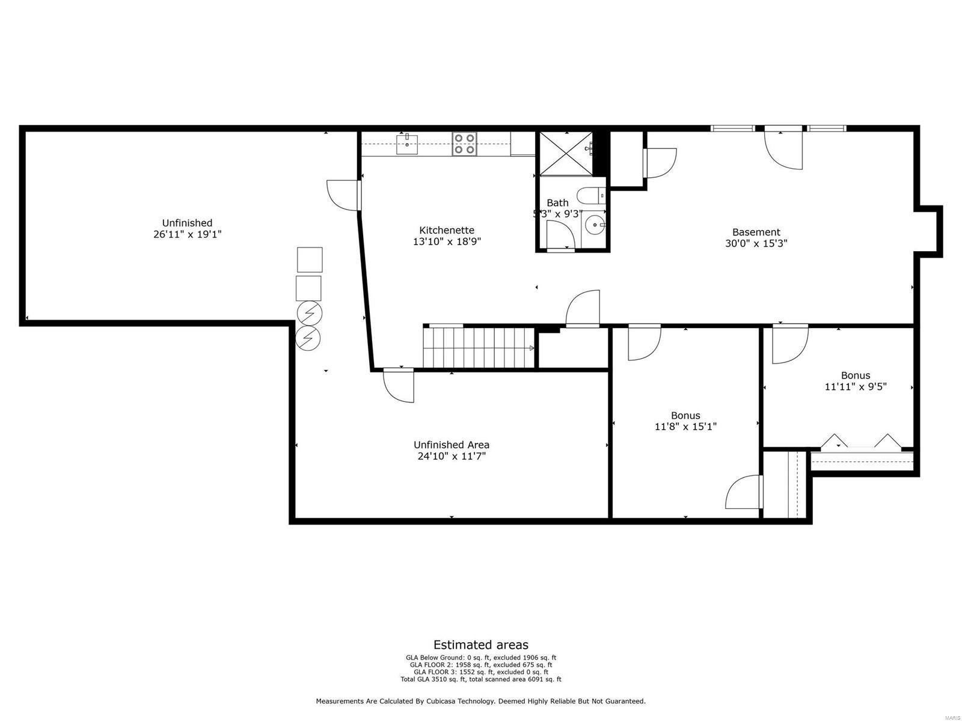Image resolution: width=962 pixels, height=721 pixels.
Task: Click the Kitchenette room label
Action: coord(446,230)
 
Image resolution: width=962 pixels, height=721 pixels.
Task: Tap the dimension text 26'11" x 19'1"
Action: coord(188,234)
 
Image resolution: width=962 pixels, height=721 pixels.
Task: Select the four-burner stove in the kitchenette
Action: coord(464,144)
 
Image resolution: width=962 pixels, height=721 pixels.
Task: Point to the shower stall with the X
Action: coord(565,153)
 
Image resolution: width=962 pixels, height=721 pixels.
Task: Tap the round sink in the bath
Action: coord(595,226)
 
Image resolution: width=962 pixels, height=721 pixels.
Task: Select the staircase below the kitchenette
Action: coord(479,348)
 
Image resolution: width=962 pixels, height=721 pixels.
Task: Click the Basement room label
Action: coord(756,232)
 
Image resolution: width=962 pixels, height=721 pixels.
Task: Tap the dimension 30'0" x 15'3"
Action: coord(756,243)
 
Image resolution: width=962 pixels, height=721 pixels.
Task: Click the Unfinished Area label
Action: coord(451,445)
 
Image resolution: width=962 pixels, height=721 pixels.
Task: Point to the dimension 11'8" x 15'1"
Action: coord(685,427)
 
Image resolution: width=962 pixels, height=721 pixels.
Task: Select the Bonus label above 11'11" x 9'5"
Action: coord(855,376)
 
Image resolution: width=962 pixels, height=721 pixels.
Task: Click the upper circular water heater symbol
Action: coord(309,313)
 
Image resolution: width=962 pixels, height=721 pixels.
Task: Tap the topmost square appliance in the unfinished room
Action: coord(310,260)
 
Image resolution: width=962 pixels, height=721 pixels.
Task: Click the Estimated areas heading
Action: coord(480,645)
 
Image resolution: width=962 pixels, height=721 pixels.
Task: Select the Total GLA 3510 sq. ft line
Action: coord(480,680)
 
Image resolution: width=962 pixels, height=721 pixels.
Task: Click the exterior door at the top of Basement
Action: coord(783,147)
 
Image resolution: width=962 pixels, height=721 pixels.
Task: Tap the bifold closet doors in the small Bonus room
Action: coord(860,442)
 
